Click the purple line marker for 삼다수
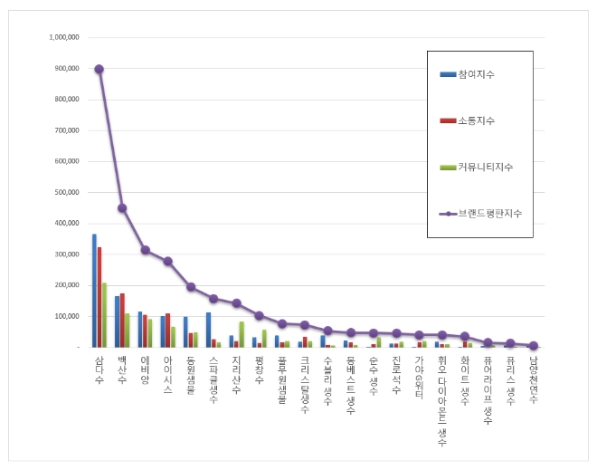coord(99,69)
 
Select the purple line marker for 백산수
coord(122,208)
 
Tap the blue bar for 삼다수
coord(94,290)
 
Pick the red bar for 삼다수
coord(99,297)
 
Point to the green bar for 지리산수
coord(242,334)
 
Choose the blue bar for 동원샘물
coord(185,331)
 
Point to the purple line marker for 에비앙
coord(145,250)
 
